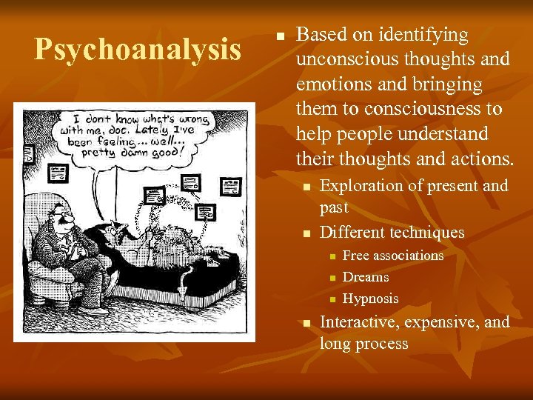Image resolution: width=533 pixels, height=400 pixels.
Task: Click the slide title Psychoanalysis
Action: tap(138, 50)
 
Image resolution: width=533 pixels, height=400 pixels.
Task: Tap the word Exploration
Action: tap(361, 185)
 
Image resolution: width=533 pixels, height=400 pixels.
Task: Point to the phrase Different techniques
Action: tap(392, 233)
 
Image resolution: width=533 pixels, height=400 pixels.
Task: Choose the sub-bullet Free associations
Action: tap(393, 256)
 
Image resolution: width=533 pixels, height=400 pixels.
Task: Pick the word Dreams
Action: tap(366, 277)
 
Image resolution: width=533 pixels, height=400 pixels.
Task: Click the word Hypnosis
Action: tap(370, 299)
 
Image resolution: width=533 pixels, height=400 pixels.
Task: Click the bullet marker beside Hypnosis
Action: tap(333, 299)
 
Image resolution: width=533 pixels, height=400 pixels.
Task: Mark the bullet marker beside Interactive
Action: tap(306, 323)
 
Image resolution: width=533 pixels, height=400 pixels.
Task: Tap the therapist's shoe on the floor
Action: tap(95, 311)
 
